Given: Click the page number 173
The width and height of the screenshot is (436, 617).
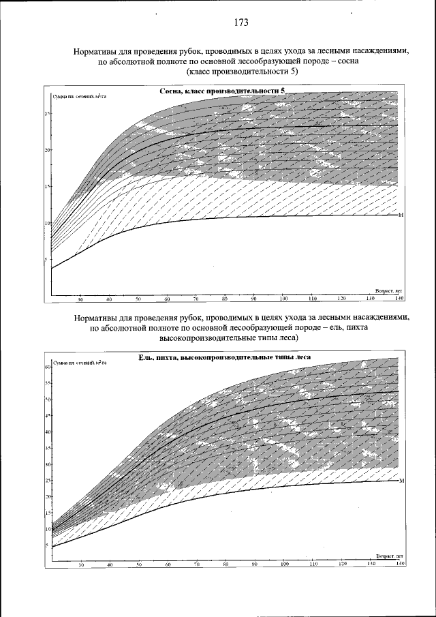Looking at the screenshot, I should pos(240,22).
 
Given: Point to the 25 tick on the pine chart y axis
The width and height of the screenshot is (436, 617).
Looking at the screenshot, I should pos(48,113).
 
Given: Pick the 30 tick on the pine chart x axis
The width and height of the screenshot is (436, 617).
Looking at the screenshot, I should pos(80,299).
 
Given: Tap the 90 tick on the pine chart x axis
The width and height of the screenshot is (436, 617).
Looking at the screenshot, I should pos(254,299).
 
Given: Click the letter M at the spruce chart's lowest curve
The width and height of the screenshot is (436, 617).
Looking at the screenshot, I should pos(401,481).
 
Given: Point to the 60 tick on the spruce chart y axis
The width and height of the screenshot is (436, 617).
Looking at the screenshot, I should pos(48,367).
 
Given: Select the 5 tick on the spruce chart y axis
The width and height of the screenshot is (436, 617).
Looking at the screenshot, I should pos(48,545).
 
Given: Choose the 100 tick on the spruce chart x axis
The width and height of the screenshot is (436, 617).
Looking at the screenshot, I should pos(284,565).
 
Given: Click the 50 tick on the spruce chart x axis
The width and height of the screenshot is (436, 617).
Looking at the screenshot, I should pos(139,565).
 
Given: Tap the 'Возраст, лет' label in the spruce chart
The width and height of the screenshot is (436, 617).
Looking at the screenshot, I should pos(389,556).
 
